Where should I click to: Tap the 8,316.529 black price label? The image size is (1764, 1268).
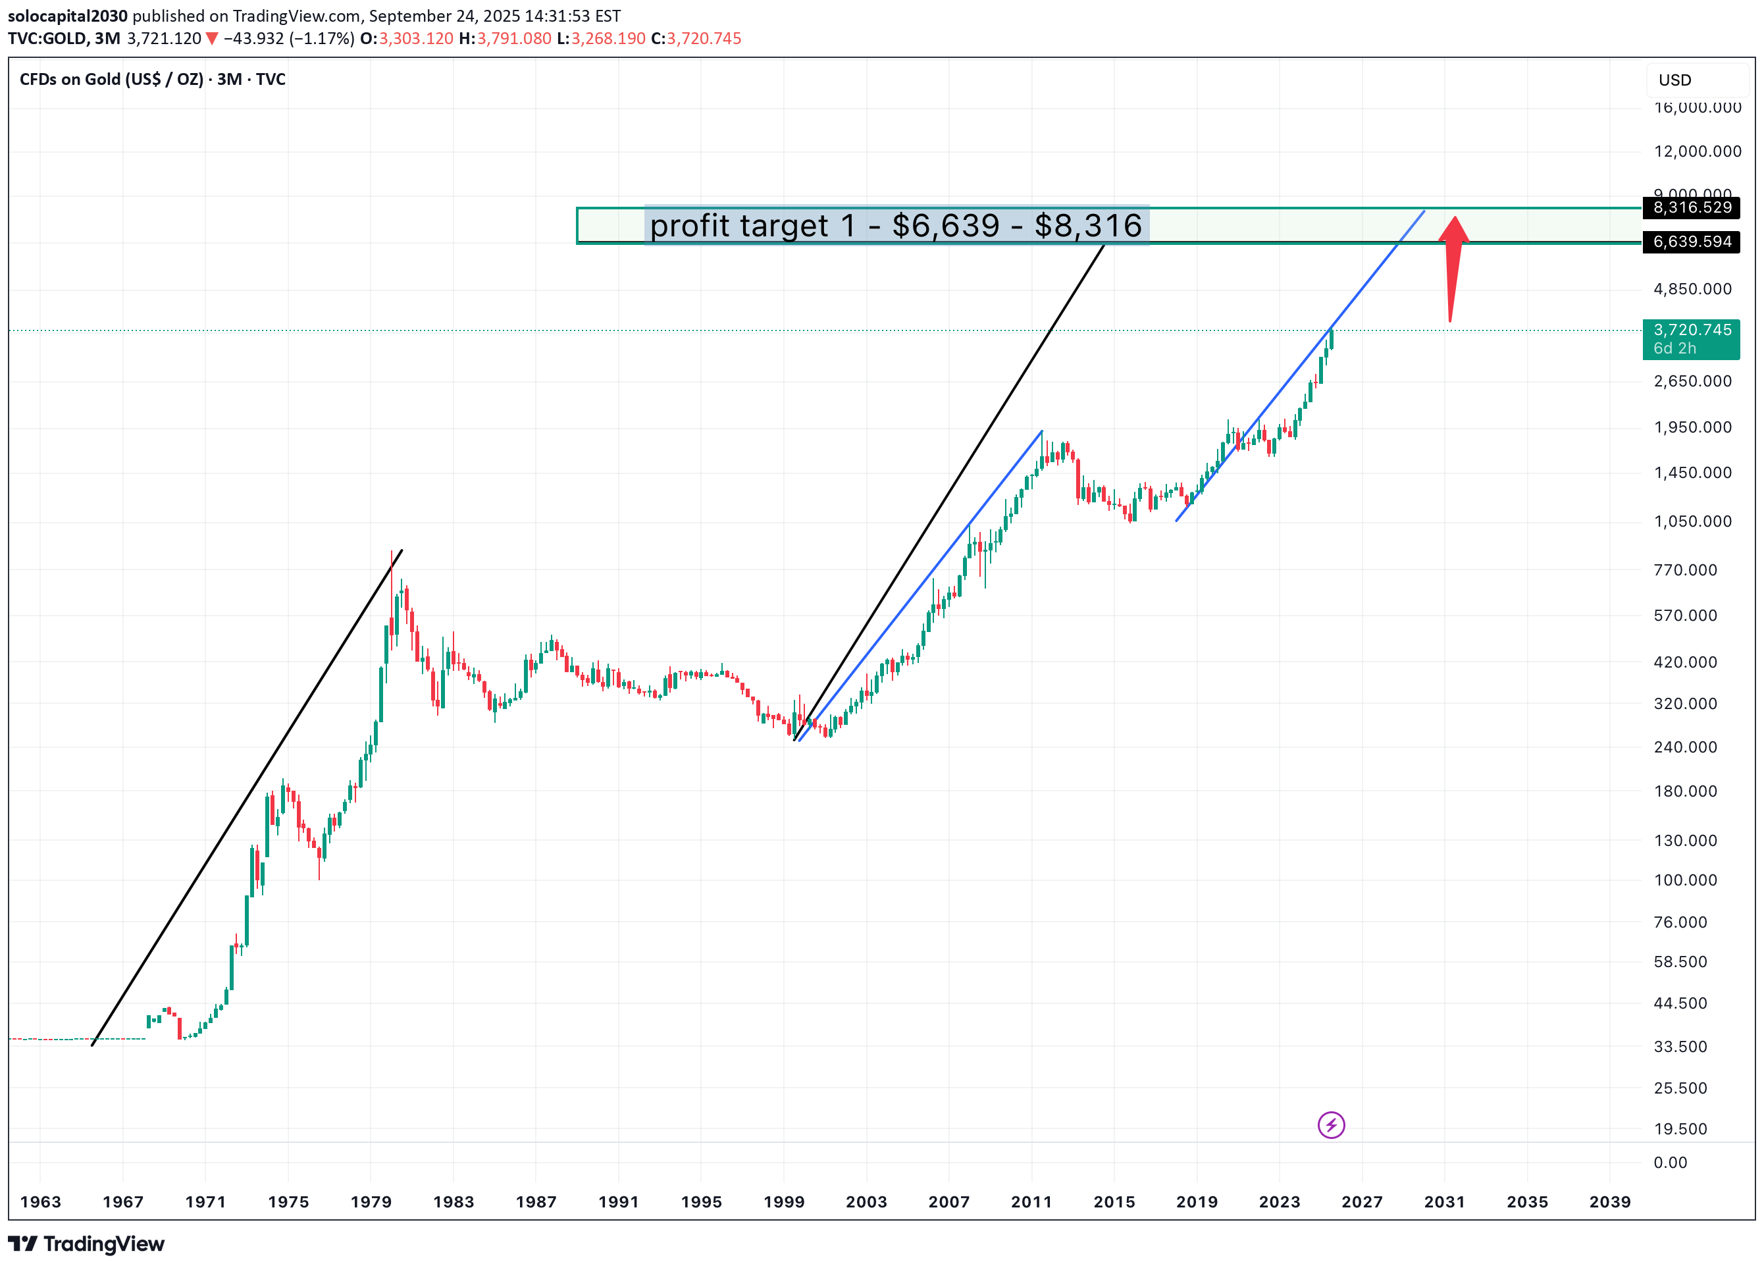coord(1692,207)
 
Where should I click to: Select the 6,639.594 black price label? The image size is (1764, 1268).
coord(1692,242)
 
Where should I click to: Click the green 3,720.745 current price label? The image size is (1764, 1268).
coord(1691,338)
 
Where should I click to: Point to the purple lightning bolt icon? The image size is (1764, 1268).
coord(1331,1125)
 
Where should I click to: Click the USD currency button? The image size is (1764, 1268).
coord(1674,80)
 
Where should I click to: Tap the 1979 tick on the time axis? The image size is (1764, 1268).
coord(371,1202)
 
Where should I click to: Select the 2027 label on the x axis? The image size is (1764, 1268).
coord(1362,1202)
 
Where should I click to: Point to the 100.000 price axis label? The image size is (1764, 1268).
coord(1684,880)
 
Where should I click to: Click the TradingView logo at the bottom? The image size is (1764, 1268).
coord(86,1244)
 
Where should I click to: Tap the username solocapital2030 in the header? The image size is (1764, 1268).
coord(68,16)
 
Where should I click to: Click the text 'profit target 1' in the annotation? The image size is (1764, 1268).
coord(752,226)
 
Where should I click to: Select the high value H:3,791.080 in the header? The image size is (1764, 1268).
coord(505,38)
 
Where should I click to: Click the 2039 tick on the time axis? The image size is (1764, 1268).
coord(1609,1202)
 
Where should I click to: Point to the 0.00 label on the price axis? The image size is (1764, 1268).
coord(1670,1162)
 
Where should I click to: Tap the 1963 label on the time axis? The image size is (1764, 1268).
coord(40,1202)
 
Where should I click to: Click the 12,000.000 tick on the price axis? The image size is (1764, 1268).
coord(1697,151)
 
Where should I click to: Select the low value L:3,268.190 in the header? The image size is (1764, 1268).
coord(600,38)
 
